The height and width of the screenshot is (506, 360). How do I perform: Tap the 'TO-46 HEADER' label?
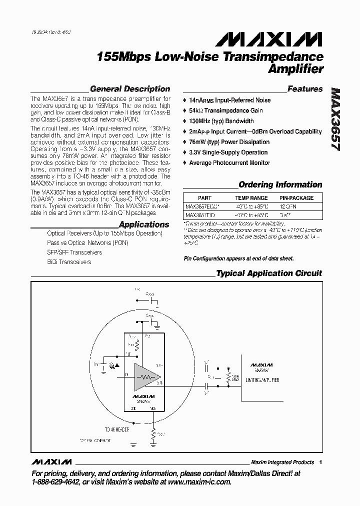point(117,429)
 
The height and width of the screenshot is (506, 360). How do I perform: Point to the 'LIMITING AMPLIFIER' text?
point(262,380)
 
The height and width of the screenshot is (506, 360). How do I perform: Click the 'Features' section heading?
point(305,89)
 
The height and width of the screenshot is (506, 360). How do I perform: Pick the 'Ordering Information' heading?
point(280,184)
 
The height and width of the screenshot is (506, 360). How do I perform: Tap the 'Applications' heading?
point(144,224)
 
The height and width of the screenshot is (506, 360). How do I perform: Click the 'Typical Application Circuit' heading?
point(268,273)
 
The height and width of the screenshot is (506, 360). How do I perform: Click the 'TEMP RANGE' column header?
point(251,198)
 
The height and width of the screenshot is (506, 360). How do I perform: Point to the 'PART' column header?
point(204,198)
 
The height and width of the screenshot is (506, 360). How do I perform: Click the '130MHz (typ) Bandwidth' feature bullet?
point(221,121)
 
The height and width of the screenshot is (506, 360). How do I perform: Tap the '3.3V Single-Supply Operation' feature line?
point(228,152)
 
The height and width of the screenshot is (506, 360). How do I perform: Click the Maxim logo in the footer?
point(52,461)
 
